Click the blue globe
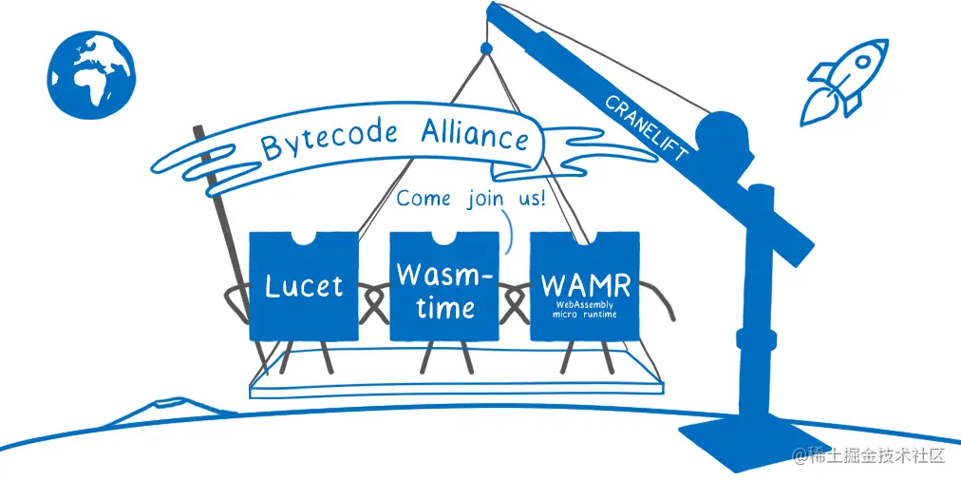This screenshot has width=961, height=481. [91, 75]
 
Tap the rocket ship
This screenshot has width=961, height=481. [843, 82]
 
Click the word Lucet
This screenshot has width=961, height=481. [303, 286]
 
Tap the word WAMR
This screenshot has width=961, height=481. [585, 285]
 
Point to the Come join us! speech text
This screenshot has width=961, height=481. [471, 199]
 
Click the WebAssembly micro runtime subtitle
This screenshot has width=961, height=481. [585, 309]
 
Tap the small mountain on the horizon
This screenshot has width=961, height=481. [168, 409]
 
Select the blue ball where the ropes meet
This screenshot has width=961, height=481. [486, 48]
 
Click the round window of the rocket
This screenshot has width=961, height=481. [862, 62]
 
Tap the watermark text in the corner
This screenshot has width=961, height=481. [869, 455]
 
